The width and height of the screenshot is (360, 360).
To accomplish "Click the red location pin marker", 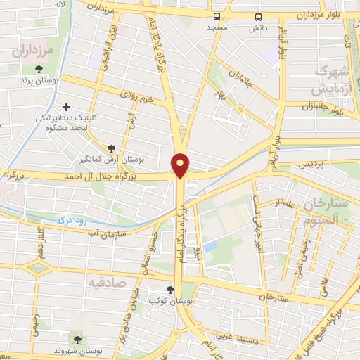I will click(181, 165).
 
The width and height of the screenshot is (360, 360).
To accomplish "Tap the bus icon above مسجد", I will click(217, 15).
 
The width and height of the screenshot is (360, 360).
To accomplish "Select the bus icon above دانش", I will click(258, 15).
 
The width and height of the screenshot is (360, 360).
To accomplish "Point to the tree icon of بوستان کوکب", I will click(169, 289).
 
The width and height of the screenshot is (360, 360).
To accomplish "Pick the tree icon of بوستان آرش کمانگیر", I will click(111, 148).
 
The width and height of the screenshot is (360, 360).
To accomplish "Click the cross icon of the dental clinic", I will click(66, 108).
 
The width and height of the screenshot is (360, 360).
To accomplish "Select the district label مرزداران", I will click(33, 51).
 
